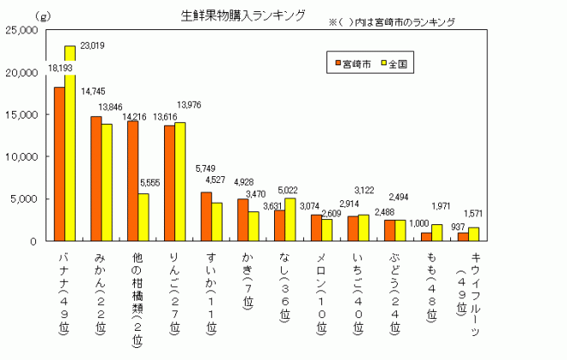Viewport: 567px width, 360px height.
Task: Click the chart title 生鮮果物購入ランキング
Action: tap(243, 15)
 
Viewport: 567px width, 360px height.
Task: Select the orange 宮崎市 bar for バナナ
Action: tap(59, 163)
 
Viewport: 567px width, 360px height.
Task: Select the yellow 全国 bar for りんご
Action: tap(180, 181)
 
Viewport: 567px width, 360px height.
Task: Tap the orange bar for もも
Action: tap(427, 236)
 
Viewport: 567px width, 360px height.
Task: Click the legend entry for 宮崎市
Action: tap(350, 64)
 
